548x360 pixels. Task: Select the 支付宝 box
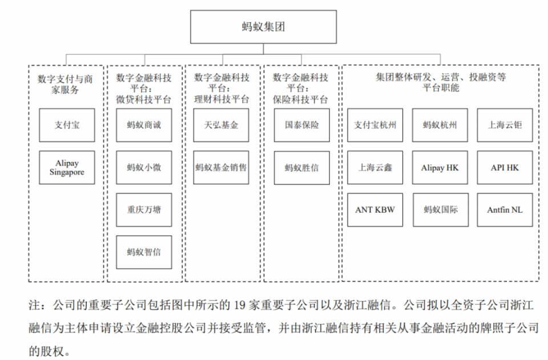(x=67, y=125)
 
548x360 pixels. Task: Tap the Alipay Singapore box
(x=67, y=167)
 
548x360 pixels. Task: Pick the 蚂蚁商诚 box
(x=144, y=125)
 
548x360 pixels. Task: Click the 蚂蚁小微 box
(x=144, y=167)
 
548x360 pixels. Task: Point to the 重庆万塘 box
(x=144, y=209)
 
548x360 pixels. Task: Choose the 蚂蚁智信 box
(x=144, y=252)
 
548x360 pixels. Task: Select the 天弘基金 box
(x=221, y=125)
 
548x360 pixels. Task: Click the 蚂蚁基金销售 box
(x=221, y=167)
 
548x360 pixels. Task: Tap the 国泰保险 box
(x=301, y=125)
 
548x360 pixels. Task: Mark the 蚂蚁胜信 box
(x=301, y=167)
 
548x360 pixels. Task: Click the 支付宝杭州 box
(x=375, y=125)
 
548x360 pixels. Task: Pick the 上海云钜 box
(x=505, y=125)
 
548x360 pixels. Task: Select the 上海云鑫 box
(x=375, y=167)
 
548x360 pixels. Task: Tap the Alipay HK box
(x=440, y=167)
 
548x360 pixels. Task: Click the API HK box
(x=505, y=167)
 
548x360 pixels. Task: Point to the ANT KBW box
(x=375, y=209)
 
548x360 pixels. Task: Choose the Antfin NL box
(x=505, y=209)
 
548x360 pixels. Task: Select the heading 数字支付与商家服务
(x=67, y=83)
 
